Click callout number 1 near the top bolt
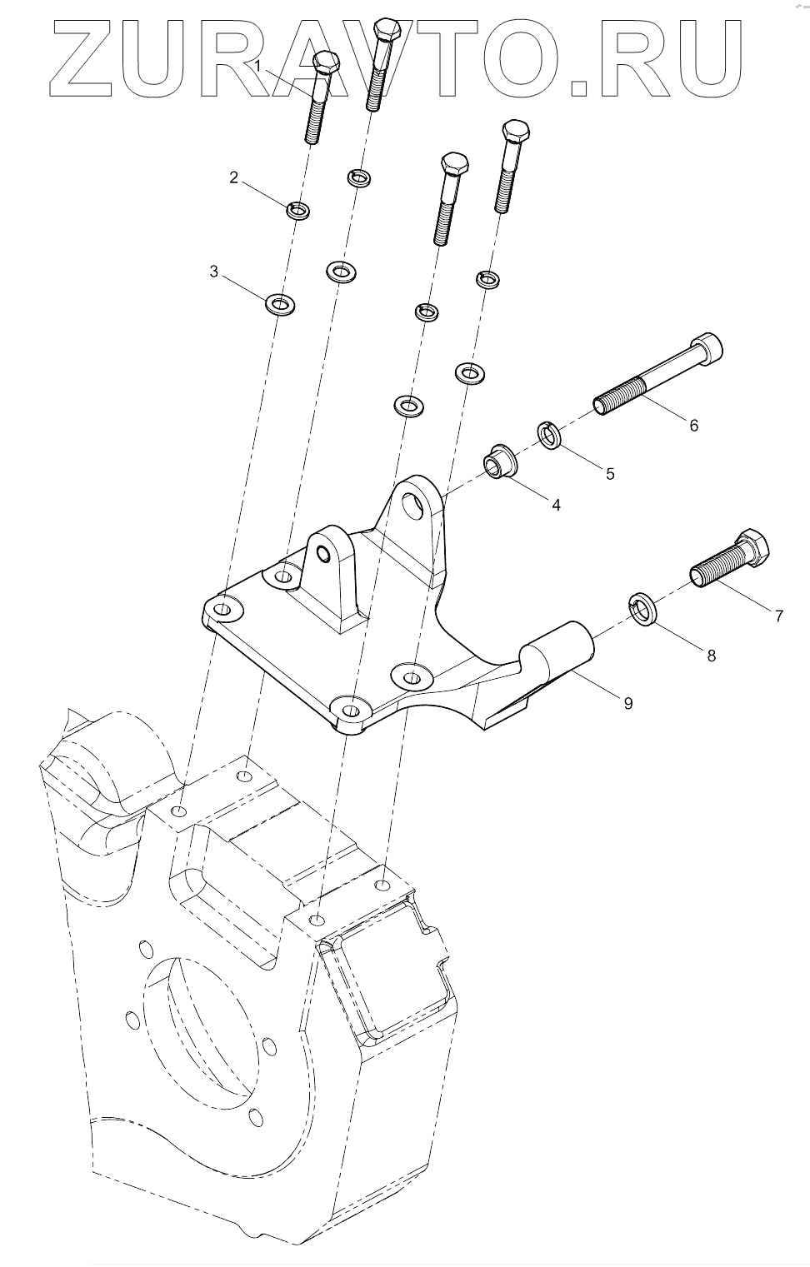[x=259, y=65]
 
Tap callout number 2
[x=234, y=177]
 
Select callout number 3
[x=214, y=272]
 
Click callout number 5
[x=610, y=473]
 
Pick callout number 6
[x=693, y=425]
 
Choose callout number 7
[x=778, y=616]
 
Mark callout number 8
[x=711, y=656]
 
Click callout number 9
[x=627, y=703]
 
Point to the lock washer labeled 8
[x=643, y=608]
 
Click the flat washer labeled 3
[x=282, y=304]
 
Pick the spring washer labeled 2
[x=298, y=210]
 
